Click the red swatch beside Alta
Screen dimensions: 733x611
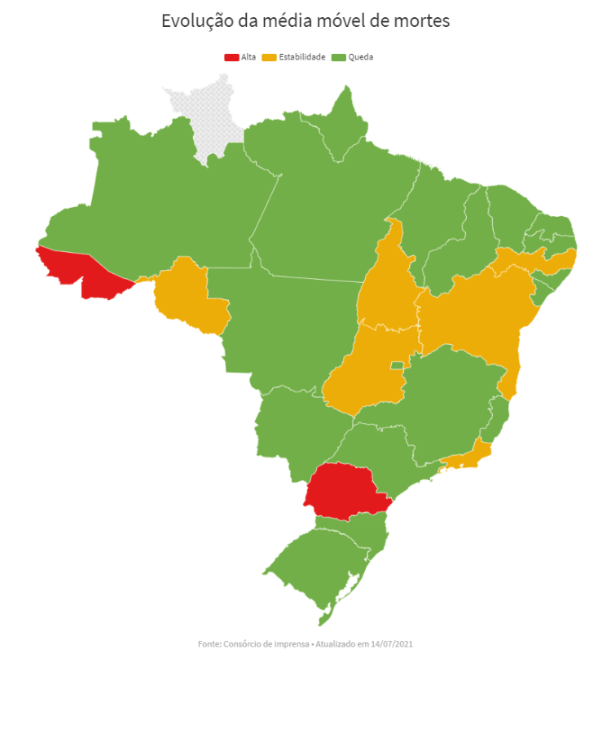click(x=231, y=57)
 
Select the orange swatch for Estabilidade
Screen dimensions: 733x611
click(x=270, y=57)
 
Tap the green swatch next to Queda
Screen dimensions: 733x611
click(x=339, y=57)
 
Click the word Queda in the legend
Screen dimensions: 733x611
click(x=360, y=57)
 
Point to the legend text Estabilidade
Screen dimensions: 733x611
click(x=302, y=57)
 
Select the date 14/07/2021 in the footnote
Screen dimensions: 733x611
click(x=393, y=644)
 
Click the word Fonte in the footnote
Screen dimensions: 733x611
click(x=209, y=644)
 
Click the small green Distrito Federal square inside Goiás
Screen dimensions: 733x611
click(x=398, y=365)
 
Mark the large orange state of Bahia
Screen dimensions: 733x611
click(x=477, y=314)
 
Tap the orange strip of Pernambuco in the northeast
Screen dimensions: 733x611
click(x=530, y=261)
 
